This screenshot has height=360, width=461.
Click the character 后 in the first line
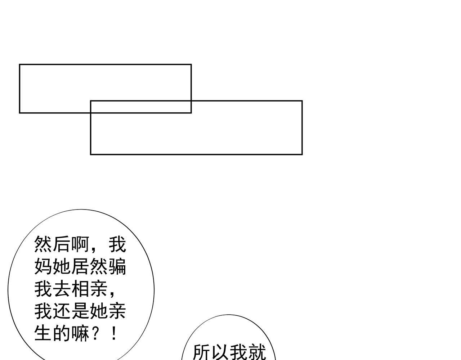(x=62, y=245)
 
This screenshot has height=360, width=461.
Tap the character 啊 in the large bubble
(x=80, y=245)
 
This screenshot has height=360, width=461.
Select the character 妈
(x=44, y=267)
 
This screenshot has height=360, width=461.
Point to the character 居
(x=80, y=267)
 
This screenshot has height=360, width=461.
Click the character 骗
(x=117, y=267)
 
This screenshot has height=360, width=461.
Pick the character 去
(x=62, y=289)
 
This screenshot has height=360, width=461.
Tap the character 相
(x=80, y=289)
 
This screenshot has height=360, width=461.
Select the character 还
(x=62, y=311)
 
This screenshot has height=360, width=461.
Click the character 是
(x=80, y=311)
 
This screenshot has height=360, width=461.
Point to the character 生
(x=44, y=333)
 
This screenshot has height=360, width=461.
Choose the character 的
(x=62, y=333)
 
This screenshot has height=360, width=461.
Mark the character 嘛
(x=80, y=333)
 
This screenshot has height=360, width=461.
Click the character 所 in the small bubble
(x=202, y=352)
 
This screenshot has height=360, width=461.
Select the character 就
(x=257, y=352)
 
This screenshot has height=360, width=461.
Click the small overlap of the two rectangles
(x=141, y=107)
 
